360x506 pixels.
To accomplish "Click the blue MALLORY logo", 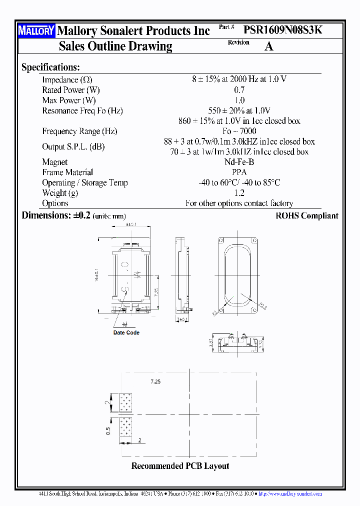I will click(36, 31).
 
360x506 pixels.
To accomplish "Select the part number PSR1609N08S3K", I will click(282, 30).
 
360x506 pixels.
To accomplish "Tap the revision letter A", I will click(268, 46).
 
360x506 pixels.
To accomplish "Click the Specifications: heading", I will click(50, 67).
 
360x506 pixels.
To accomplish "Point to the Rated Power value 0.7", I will click(239, 90).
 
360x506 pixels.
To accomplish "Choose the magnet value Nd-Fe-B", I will click(239, 162).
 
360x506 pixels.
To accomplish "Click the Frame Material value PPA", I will click(239, 172).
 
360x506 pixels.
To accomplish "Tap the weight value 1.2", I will click(239, 193).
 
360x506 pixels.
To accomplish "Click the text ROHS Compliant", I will click(307, 216).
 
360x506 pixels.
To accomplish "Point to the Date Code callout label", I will click(126, 332).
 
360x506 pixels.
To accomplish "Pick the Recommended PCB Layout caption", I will click(180, 466).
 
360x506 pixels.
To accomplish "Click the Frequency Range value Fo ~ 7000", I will click(239, 131).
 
